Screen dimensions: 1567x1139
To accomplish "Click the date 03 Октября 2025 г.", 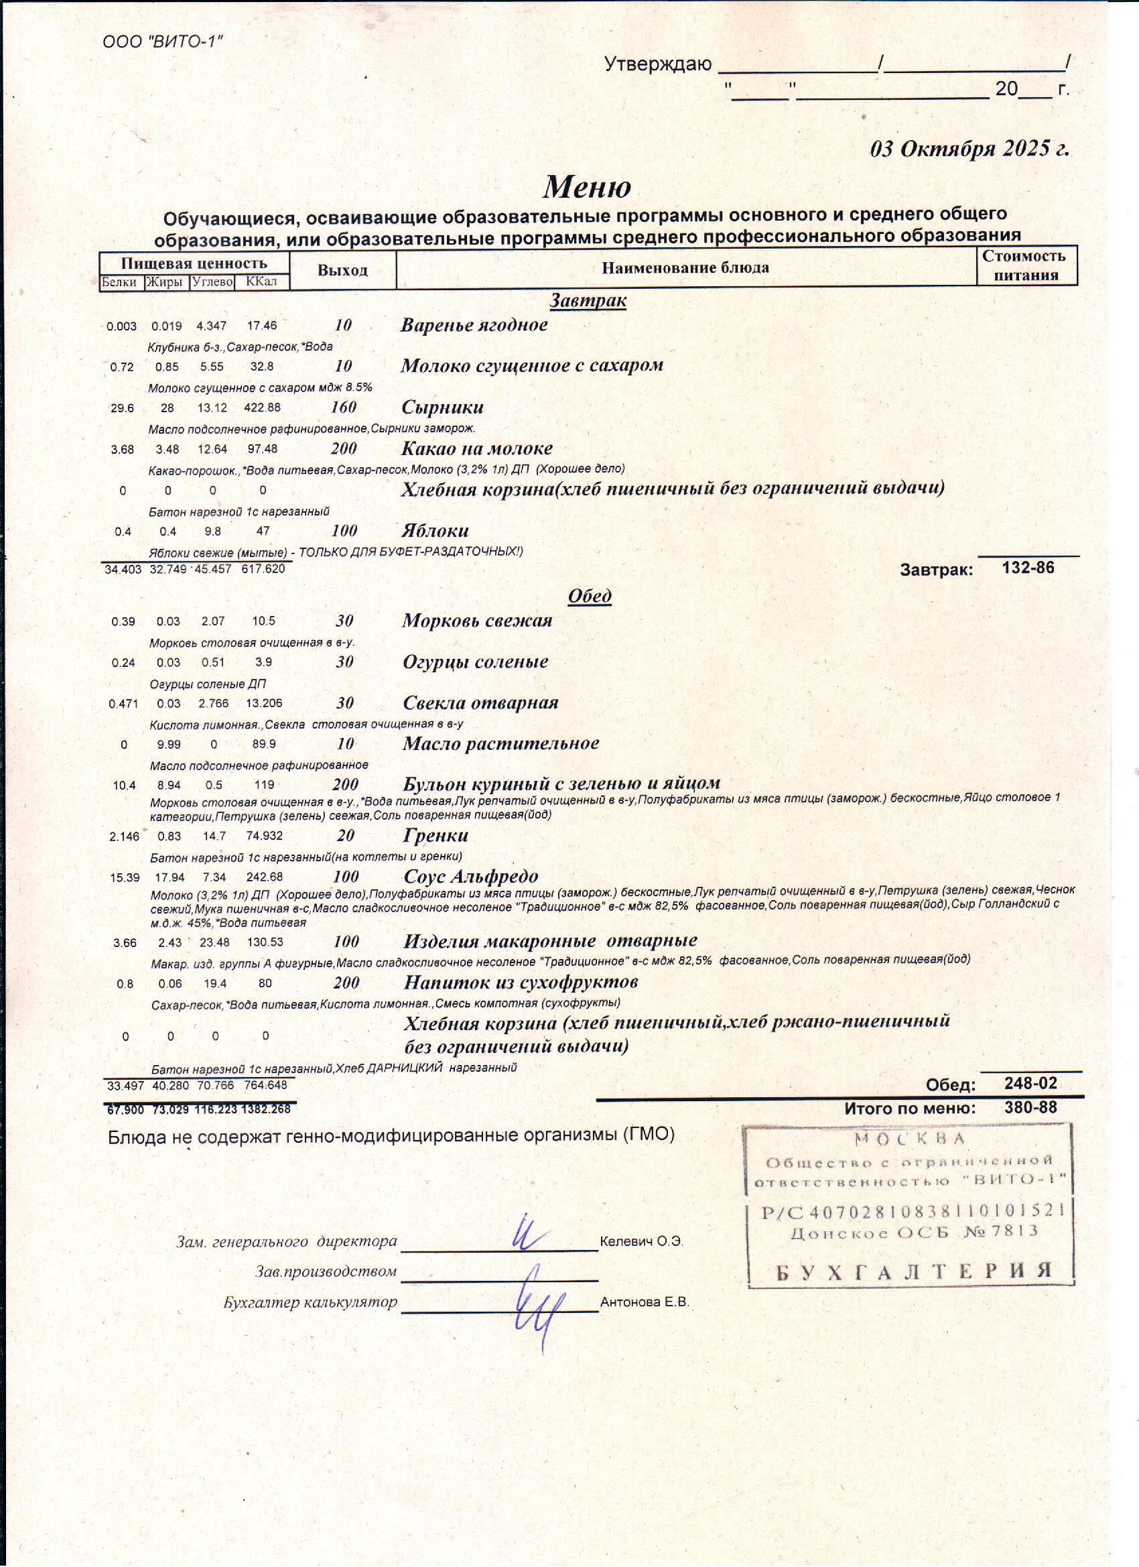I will click(x=969, y=149).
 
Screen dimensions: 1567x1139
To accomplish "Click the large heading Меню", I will click(x=586, y=186).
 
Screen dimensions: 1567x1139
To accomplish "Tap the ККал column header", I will click(x=261, y=281).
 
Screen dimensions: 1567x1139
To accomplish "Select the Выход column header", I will click(x=342, y=270).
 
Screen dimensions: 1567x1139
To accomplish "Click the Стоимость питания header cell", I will click(x=1026, y=265).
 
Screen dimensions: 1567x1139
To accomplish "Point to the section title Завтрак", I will click(x=588, y=300).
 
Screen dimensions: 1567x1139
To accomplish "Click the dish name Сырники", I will click(x=442, y=407).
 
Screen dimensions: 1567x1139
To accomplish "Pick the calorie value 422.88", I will click(x=262, y=408).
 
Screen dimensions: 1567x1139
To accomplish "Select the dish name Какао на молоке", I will click(x=476, y=448).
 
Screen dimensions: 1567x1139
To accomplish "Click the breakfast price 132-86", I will click(x=1028, y=568).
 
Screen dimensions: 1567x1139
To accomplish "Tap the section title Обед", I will click(x=589, y=596).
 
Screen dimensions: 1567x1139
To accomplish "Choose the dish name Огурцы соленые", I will click(x=475, y=662).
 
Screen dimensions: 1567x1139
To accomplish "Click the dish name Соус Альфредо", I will click(x=470, y=877).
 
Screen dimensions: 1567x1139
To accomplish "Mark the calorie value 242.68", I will click(x=264, y=877).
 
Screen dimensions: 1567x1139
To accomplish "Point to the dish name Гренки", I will click(x=436, y=835).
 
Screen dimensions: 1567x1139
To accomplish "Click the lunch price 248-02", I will click(x=1030, y=1082).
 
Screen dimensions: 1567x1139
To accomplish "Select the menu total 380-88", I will click(x=1030, y=1107).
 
